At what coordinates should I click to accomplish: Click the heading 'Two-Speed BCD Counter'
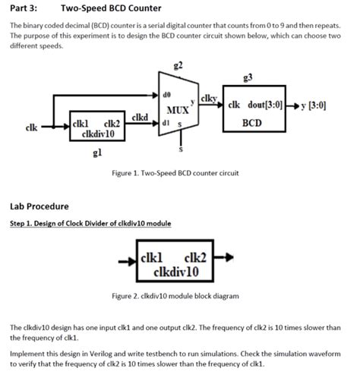(112, 8)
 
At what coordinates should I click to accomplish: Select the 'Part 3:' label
(24, 8)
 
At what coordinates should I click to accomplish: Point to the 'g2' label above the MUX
(178, 65)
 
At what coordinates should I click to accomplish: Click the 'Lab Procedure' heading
(39, 206)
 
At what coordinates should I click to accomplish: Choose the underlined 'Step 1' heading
(90, 223)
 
